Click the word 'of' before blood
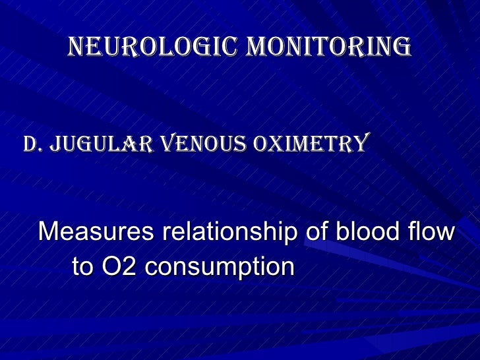pyautogui.click(x=313, y=233)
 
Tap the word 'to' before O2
pyautogui.click(x=82, y=268)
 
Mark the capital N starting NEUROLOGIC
pyautogui.click(x=76, y=47)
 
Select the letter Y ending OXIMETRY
pyautogui.click(x=360, y=143)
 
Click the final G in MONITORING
pyautogui.click(x=403, y=47)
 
